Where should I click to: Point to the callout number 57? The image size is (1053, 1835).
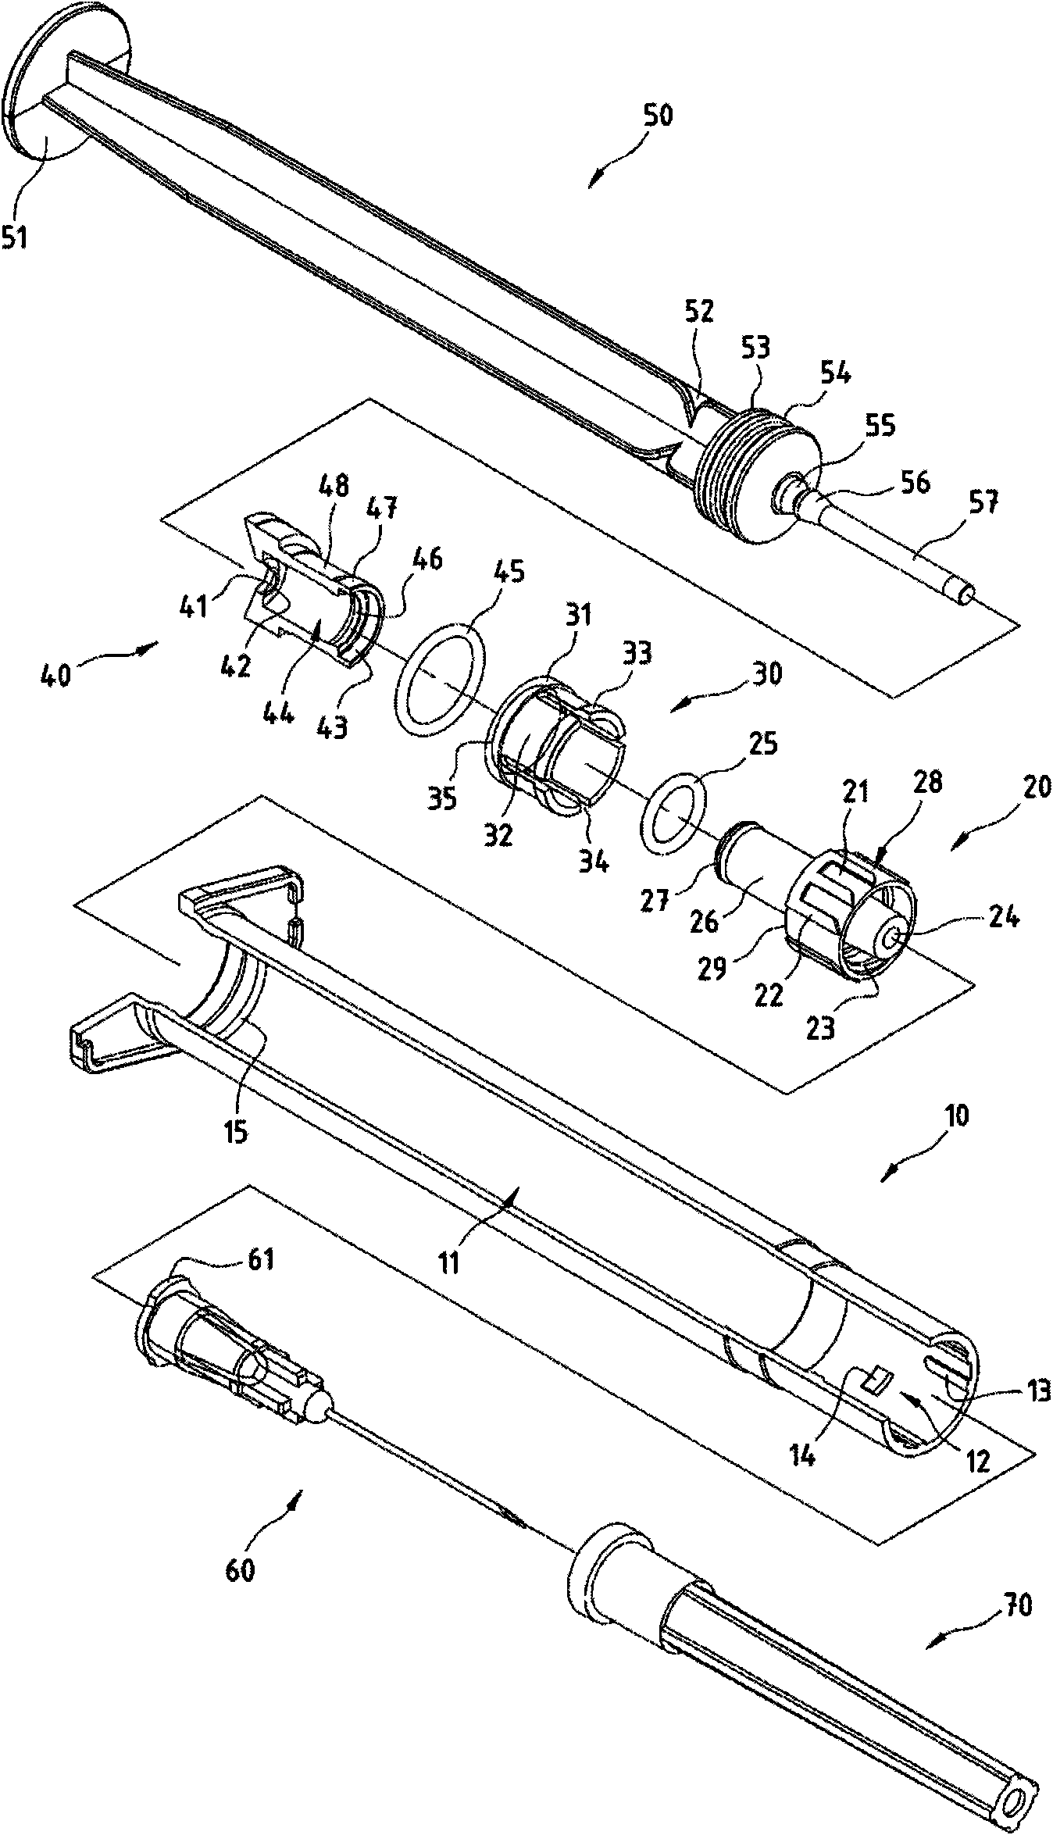pyautogui.click(x=983, y=502)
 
